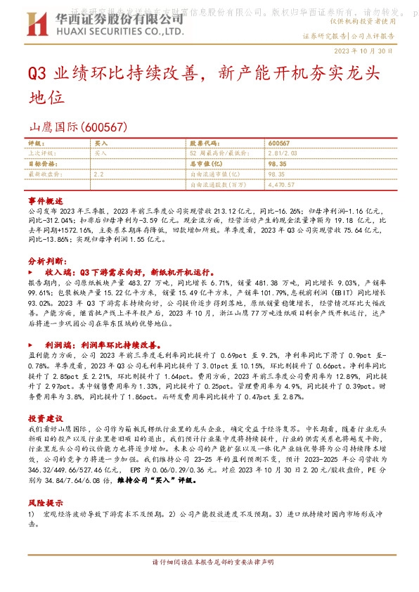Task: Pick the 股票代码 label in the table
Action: coord(205,143)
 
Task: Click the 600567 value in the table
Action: coord(279,143)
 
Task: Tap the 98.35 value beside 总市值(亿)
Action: coord(276,163)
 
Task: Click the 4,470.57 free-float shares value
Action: coord(281,184)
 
